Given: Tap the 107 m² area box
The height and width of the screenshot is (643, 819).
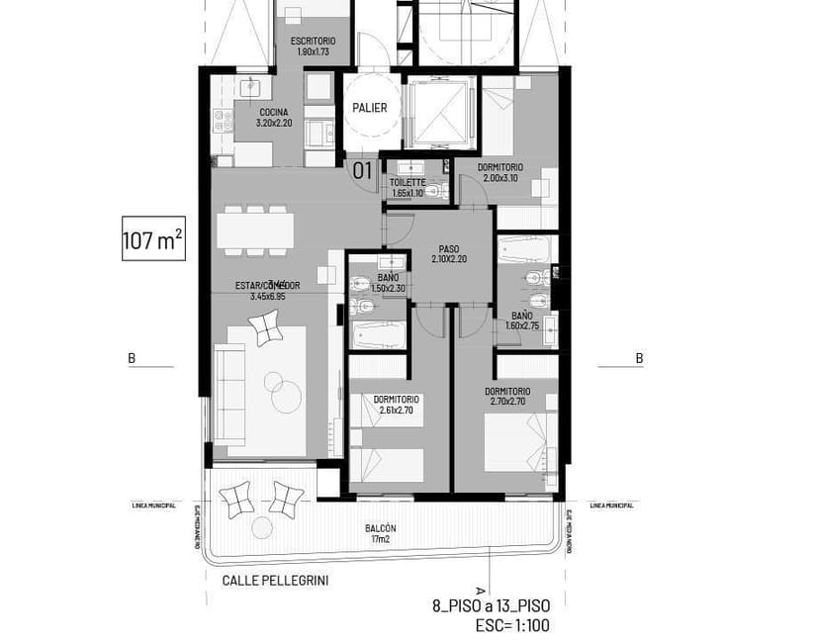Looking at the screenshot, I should (x=153, y=239).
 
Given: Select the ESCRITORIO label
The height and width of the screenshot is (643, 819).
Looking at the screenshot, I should (x=312, y=46).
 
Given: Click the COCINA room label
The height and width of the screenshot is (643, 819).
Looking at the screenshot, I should (x=274, y=118).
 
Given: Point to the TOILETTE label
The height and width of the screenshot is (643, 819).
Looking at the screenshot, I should (x=408, y=188).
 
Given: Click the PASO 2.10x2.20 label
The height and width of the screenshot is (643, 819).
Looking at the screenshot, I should (x=448, y=253).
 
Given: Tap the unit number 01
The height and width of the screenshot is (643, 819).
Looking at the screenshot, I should (x=363, y=170).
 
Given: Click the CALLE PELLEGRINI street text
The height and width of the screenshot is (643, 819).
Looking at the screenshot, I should (x=274, y=581).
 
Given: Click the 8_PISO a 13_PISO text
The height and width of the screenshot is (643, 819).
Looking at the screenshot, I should (x=491, y=605).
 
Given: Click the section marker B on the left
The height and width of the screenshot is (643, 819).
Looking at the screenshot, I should (x=132, y=358).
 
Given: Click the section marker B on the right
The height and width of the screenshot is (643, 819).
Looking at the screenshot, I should (x=639, y=358).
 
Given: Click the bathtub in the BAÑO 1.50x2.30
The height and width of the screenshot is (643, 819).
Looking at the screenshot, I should (x=379, y=334).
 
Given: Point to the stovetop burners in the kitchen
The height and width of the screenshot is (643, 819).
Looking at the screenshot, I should (x=223, y=121).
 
